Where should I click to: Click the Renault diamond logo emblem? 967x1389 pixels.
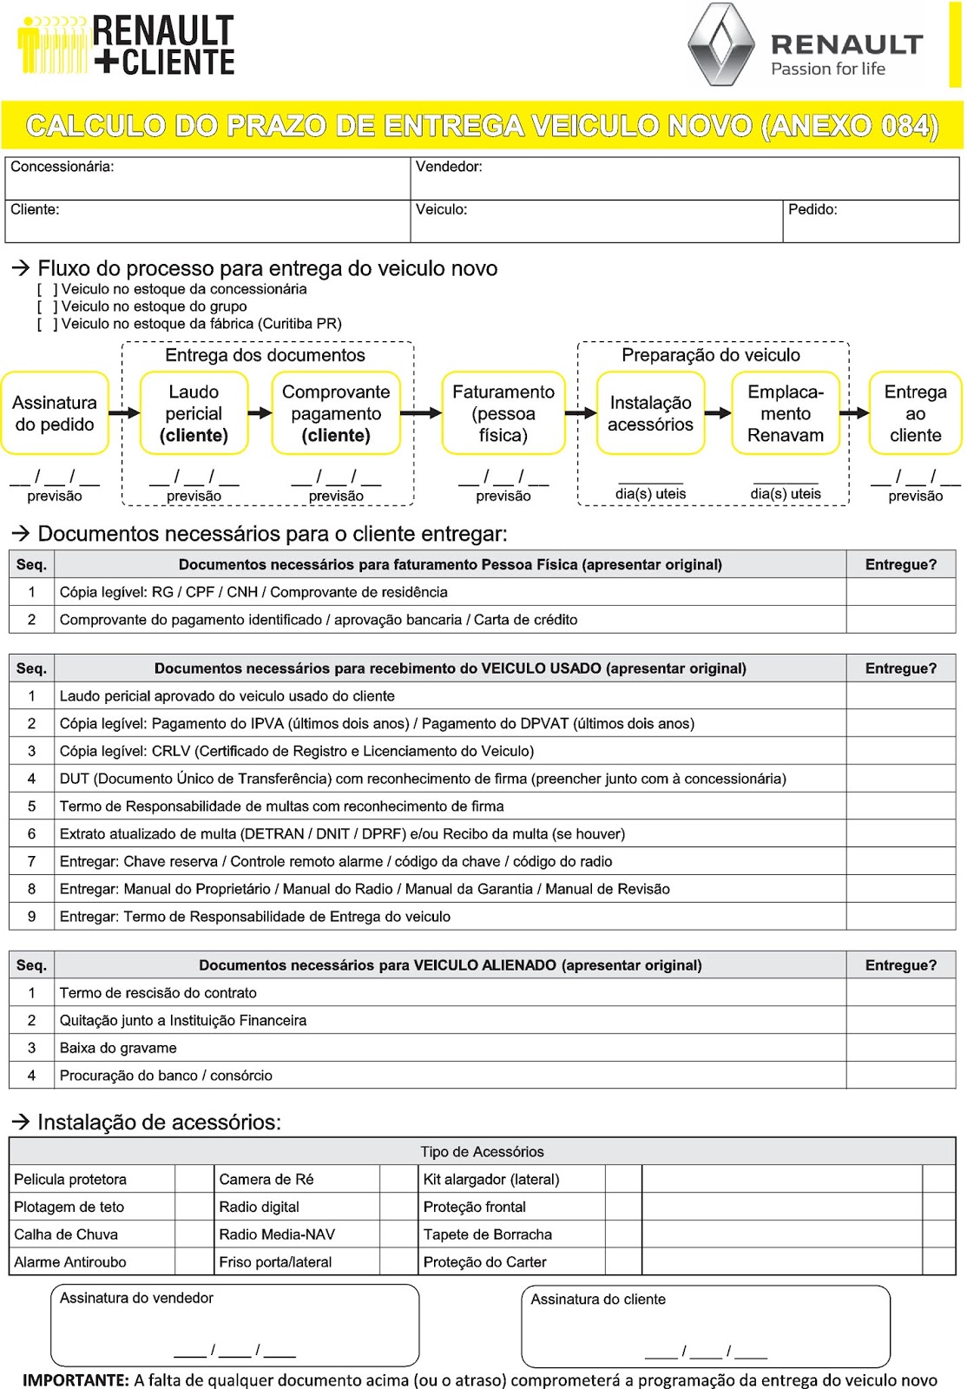click(x=720, y=45)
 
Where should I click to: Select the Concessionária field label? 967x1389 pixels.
click(x=62, y=167)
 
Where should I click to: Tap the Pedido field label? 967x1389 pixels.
click(x=812, y=209)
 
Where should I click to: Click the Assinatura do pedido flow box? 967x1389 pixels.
click(x=55, y=413)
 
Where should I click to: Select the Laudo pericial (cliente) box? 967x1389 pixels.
click(x=194, y=413)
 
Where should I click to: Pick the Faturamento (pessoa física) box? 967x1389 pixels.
click(x=503, y=413)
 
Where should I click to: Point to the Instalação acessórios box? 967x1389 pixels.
click(x=650, y=413)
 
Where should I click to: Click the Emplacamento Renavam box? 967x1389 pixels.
click(x=785, y=413)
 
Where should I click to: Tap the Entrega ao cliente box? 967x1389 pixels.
click(x=915, y=413)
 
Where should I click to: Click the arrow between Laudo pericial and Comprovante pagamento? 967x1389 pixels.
click(x=260, y=413)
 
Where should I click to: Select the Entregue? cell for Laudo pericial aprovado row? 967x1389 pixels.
click(x=900, y=696)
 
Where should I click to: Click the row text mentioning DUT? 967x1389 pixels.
click(x=422, y=779)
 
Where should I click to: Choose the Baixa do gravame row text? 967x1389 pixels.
click(x=118, y=1048)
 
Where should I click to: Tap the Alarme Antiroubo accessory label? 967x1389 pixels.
click(x=70, y=1262)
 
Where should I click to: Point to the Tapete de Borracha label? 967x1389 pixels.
click(x=488, y=1234)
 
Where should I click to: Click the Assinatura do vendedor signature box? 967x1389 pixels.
click(x=234, y=1325)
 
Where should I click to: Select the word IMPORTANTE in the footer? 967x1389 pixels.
click(x=76, y=1379)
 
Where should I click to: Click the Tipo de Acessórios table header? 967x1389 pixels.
click(x=482, y=1152)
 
